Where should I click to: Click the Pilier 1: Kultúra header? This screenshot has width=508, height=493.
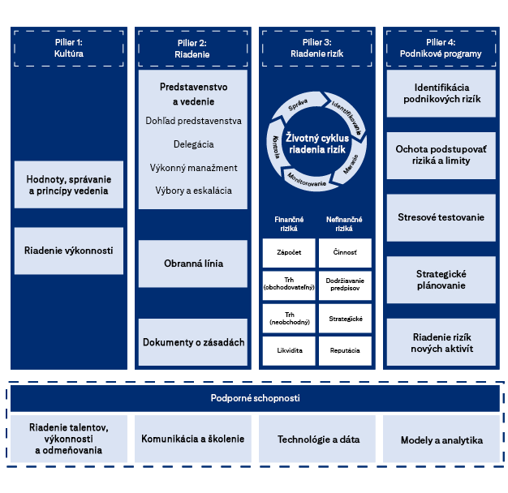click(x=69, y=48)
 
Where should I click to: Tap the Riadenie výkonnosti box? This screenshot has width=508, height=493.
click(x=69, y=251)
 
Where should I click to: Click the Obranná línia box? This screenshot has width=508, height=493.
click(x=193, y=264)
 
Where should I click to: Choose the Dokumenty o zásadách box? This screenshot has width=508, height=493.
click(x=193, y=342)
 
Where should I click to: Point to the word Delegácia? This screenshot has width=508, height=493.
click(x=193, y=144)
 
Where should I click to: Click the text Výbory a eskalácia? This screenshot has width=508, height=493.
click(x=193, y=191)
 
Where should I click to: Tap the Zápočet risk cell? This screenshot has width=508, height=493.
click(x=288, y=253)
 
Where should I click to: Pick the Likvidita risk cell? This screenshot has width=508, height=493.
click(x=288, y=350)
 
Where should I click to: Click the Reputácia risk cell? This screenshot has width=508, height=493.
click(x=345, y=350)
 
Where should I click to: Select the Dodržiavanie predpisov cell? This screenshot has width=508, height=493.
click(x=345, y=285)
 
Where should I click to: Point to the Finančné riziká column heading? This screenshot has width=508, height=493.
click(x=288, y=224)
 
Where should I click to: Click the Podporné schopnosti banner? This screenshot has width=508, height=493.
click(x=255, y=398)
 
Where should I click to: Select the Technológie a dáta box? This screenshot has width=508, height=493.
click(x=317, y=439)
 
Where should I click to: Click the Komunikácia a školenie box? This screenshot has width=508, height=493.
click(x=192, y=439)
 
